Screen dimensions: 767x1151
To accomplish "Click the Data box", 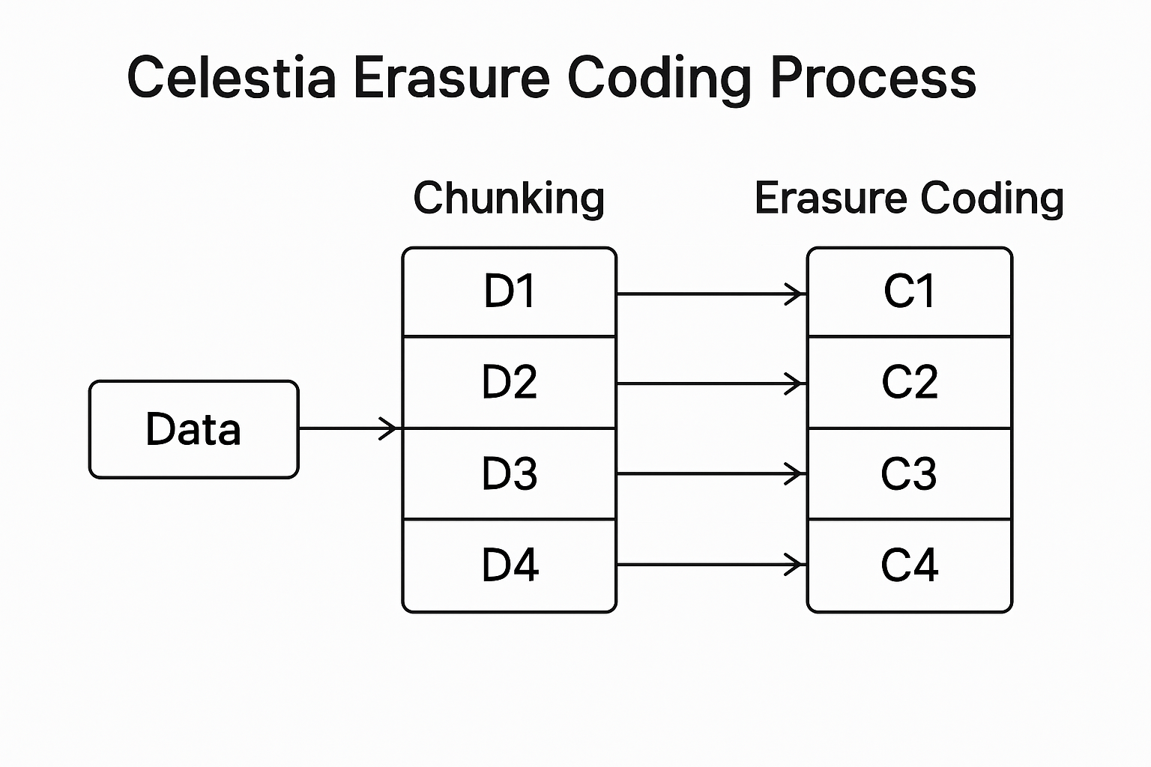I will coord(193,429).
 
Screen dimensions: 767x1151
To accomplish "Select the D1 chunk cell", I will coord(510,292).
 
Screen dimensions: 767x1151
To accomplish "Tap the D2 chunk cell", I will coord(510,382).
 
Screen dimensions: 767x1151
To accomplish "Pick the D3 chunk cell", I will coord(510,473).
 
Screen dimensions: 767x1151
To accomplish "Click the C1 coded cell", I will coord(910,292).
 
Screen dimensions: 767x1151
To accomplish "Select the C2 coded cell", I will coord(910,382).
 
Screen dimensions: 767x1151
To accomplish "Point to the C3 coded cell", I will coord(910,473).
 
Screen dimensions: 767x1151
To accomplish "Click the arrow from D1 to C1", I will coord(710,294).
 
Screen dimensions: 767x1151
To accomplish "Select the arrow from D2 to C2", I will coord(710,384).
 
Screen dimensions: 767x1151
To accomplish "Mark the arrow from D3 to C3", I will coord(710,473).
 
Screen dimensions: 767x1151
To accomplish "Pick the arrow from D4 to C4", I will coord(710,565).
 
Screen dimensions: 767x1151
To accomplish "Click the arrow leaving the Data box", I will coord(348,428).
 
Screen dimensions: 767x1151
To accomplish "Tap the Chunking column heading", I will coord(509,198).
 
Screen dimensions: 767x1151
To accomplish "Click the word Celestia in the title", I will coord(231,77).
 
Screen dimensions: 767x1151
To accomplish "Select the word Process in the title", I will coord(873,77).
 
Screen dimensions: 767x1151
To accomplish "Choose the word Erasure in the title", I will coord(451,77).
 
